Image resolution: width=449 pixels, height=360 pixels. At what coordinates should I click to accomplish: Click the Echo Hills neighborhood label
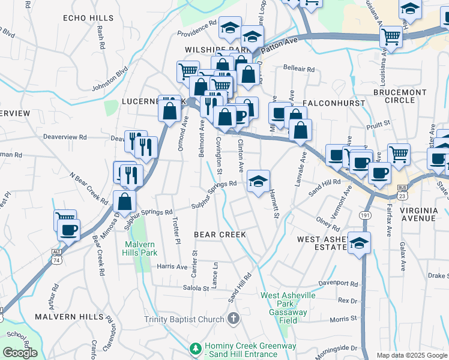tap(88, 18)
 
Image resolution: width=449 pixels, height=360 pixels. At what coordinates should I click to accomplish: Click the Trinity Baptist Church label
tap(184, 319)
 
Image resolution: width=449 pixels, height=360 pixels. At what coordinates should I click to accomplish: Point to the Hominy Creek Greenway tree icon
tap(195, 348)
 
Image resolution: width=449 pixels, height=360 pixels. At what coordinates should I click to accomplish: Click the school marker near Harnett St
tap(259, 181)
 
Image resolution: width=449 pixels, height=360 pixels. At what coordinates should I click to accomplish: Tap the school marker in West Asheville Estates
tap(360, 242)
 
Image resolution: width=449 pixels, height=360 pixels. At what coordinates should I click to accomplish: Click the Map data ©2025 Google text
tap(412, 355)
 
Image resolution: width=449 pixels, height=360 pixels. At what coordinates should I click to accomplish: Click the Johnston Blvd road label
tap(110, 79)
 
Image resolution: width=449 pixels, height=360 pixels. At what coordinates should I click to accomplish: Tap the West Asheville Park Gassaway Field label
tap(284, 304)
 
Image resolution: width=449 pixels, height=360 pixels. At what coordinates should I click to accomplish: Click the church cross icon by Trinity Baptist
tap(234, 319)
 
